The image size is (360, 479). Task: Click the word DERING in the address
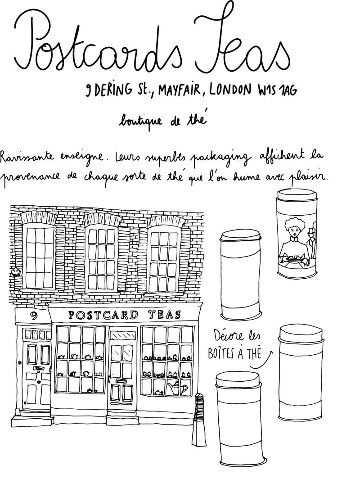[114, 91]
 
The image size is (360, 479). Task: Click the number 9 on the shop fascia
[32, 315]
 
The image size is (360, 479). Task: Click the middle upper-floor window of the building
[103, 259]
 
